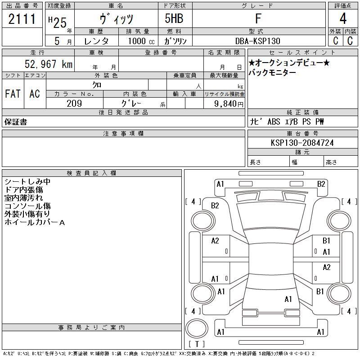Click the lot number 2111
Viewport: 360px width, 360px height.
22,19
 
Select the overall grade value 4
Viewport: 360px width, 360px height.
343,18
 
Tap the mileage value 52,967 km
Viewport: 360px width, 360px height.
49,64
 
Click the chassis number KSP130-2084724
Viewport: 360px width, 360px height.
302,143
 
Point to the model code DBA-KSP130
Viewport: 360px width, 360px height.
258,41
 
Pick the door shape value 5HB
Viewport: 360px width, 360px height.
174,18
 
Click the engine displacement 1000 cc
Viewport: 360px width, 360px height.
141,41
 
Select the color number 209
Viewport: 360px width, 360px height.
74,103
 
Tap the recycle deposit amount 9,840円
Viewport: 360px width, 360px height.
229,104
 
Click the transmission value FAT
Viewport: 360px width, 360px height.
13,94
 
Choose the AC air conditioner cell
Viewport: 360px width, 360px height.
35,94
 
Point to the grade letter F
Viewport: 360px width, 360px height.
258,18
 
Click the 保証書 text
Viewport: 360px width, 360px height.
16,122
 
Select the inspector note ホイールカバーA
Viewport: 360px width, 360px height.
35,222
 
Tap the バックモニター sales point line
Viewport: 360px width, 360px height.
272,72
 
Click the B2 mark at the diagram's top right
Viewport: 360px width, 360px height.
321,184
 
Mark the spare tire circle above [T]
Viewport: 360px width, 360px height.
197,328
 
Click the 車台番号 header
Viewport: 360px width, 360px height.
302,133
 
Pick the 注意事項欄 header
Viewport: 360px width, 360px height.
123,133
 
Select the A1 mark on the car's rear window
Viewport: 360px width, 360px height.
288,299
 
